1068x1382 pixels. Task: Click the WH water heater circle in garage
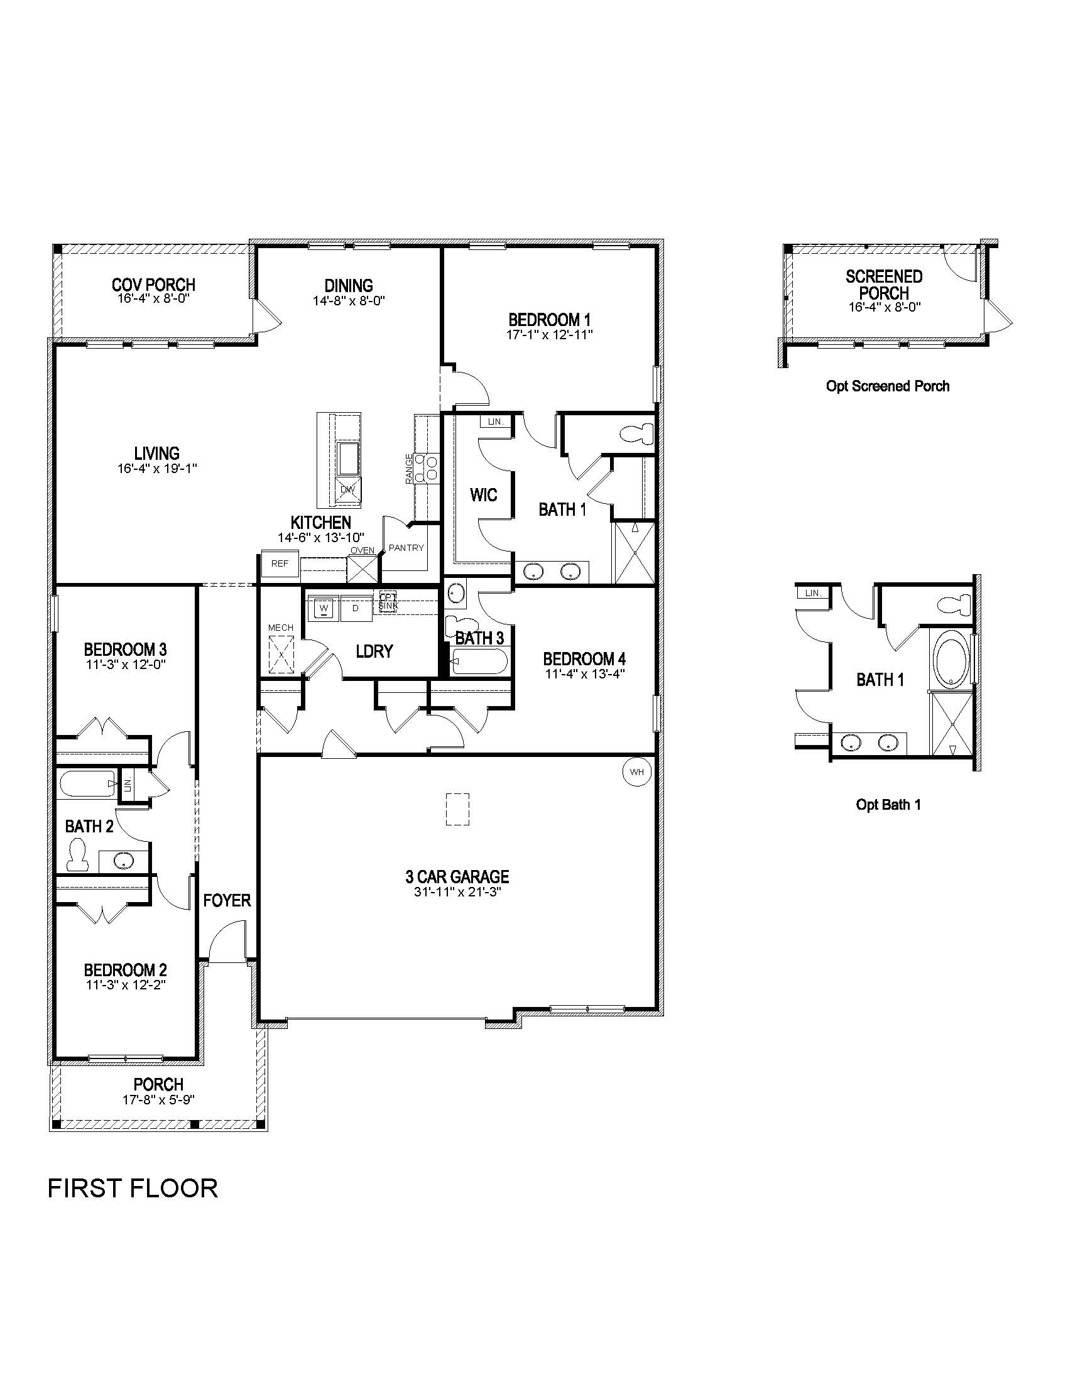(636, 772)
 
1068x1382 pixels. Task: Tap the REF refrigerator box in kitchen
(280, 563)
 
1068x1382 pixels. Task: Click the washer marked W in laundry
(324, 609)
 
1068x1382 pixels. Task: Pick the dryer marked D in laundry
(356, 609)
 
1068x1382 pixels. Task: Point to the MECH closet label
(280, 628)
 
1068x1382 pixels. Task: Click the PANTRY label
(406, 548)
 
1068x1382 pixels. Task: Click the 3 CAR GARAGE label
(457, 877)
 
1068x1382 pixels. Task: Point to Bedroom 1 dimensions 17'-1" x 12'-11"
(549, 335)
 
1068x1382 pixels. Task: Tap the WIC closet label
(483, 495)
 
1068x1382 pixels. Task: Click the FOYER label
(227, 900)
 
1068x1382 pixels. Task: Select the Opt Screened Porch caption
(887, 386)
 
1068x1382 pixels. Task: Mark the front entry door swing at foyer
(226, 943)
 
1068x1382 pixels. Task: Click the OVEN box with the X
(362, 569)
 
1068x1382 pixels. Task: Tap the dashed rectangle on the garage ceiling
(457, 809)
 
